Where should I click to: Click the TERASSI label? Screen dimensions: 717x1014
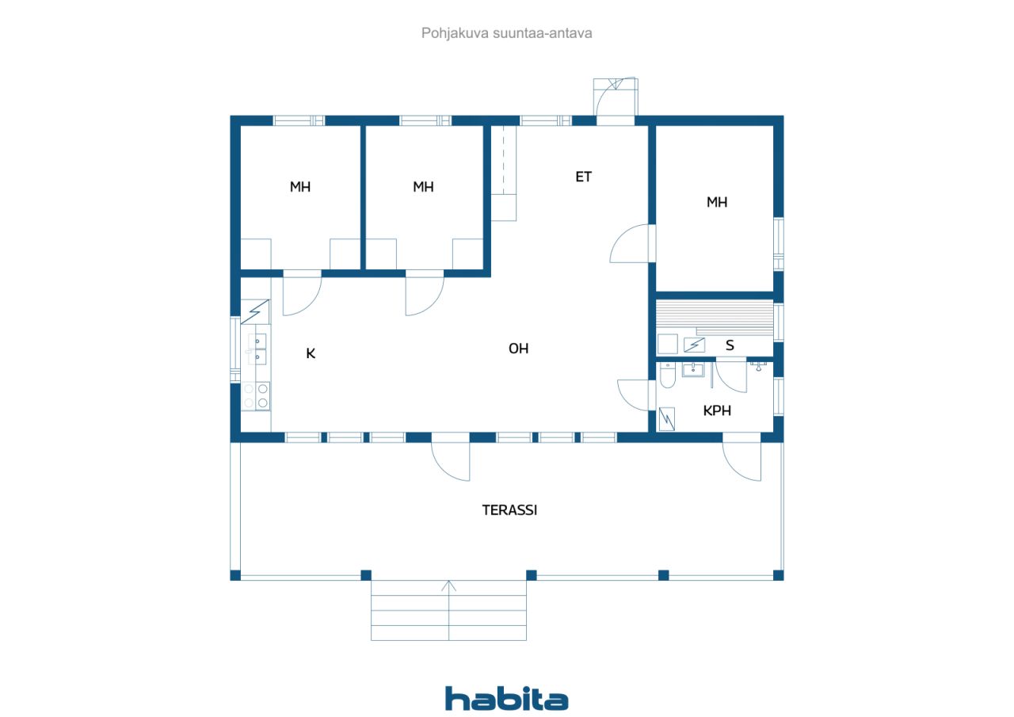point(509,510)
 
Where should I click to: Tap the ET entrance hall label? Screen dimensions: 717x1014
point(584,177)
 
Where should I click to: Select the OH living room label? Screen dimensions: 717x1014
point(519,348)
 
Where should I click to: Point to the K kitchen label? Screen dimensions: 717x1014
point(311,353)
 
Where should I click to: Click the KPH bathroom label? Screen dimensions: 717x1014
point(717,410)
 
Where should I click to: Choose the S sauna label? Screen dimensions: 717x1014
point(730,345)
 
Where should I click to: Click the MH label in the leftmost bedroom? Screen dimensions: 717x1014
point(300,187)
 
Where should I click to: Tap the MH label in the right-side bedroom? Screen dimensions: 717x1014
point(717,202)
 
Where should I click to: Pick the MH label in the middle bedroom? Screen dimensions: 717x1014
point(423,187)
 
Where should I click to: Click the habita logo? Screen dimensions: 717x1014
point(506,699)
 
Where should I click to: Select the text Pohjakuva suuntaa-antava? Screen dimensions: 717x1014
point(507,33)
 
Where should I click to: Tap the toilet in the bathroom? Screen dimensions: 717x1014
point(666,376)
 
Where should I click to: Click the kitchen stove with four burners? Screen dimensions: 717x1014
point(257,395)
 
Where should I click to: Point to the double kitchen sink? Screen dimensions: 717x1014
point(257,349)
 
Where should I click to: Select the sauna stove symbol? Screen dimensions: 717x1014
point(694,345)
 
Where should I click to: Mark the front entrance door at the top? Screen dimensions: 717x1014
point(616,99)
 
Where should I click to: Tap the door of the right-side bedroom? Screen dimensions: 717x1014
point(631,244)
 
